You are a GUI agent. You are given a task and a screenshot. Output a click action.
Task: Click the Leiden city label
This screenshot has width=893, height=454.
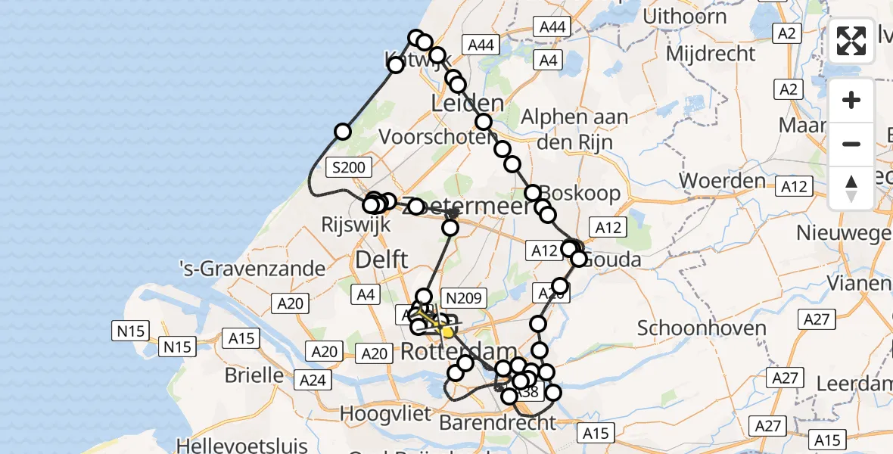coord(467,104)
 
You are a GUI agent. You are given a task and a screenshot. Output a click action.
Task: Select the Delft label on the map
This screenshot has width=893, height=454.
coord(381,260)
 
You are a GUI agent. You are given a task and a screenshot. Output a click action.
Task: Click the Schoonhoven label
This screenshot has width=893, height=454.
coord(702,328)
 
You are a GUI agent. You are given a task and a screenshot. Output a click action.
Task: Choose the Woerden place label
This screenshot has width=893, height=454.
coord(722,181)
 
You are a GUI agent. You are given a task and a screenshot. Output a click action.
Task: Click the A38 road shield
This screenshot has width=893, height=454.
coord(529,392)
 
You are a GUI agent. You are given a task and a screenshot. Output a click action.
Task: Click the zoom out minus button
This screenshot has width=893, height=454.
coord(851,144)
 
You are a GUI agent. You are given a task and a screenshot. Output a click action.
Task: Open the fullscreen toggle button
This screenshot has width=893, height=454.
coord(851,41)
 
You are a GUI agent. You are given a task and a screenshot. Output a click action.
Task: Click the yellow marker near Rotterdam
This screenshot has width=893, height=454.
coord(448,332)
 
